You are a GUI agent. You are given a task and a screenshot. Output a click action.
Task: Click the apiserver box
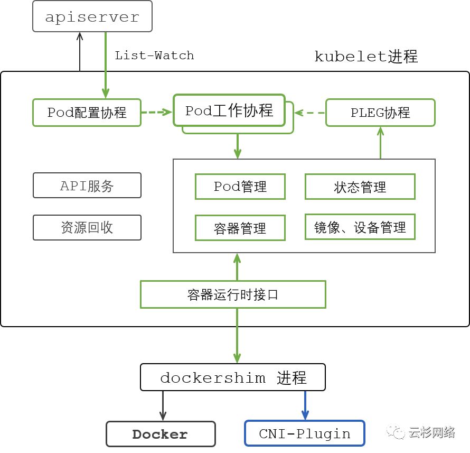click(92, 16)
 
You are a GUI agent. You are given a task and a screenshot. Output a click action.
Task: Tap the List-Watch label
click(154, 56)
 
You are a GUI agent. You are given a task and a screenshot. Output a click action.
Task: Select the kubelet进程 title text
click(366, 56)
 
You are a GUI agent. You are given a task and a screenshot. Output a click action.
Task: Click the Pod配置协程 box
click(87, 112)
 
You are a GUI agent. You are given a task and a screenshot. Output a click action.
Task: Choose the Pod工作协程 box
click(229, 110)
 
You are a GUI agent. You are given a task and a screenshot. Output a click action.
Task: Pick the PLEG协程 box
click(380, 112)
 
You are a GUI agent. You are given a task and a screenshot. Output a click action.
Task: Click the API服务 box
click(87, 186)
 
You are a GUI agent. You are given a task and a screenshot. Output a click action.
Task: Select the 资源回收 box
click(87, 227)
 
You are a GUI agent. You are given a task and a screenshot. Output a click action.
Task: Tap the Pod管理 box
click(240, 187)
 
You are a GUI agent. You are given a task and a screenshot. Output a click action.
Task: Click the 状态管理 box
click(360, 187)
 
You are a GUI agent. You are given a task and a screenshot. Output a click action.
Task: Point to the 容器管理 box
click(240, 228)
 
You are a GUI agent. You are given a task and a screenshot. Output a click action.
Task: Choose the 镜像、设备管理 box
click(360, 227)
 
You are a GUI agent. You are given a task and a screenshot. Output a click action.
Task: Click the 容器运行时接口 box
click(232, 294)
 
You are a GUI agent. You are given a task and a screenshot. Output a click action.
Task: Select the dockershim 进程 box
click(232, 377)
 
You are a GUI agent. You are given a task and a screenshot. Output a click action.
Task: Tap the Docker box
click(161, 434)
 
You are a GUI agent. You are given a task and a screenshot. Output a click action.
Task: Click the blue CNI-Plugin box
click(305, 434)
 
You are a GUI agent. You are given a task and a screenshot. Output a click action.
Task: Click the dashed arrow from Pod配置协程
click(157, 112)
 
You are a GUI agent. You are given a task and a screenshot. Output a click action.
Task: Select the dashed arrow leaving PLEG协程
click(309, 112)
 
